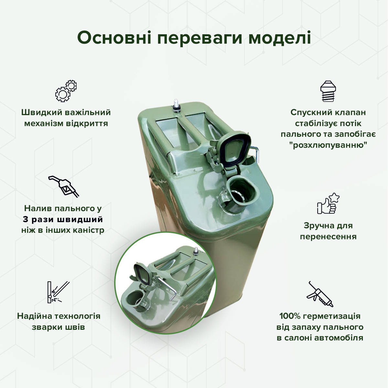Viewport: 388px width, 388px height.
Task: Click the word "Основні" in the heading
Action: (114, 38)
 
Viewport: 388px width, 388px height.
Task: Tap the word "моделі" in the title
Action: (280, 38)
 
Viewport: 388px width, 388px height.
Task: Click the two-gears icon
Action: (66, 91)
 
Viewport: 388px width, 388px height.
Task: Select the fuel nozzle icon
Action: (64, 186)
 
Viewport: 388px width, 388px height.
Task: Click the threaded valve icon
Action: (328, 91)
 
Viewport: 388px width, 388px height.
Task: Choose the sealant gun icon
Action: (320, 294)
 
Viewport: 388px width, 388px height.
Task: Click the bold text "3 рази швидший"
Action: (63, 219)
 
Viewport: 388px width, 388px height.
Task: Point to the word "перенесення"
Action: (328, 236)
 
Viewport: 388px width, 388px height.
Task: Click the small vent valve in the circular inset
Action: (195, 252)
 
